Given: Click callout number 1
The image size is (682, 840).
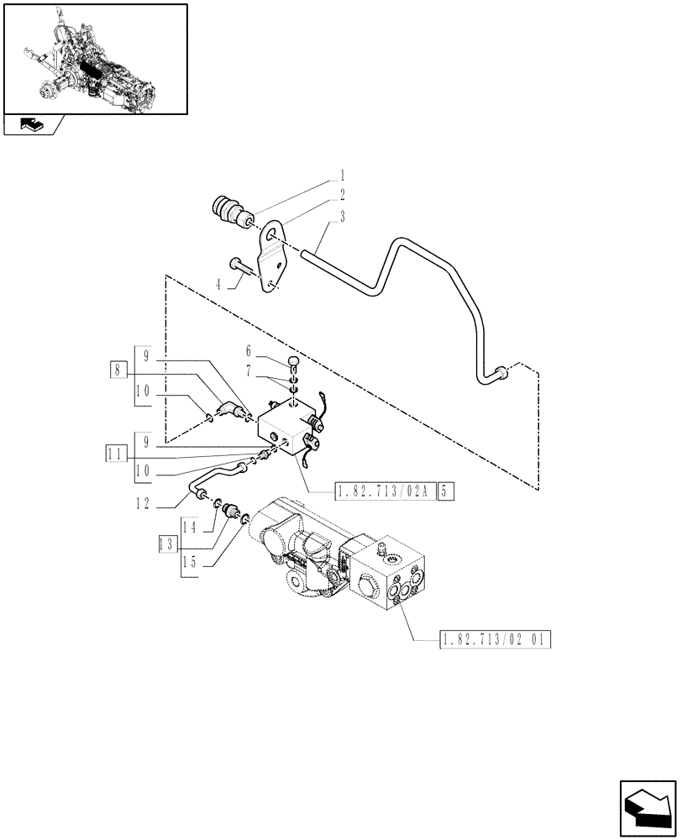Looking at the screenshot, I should (342, 176).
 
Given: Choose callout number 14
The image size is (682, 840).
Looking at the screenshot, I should (190, 527).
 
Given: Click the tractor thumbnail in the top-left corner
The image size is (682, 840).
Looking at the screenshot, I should (94, 59).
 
